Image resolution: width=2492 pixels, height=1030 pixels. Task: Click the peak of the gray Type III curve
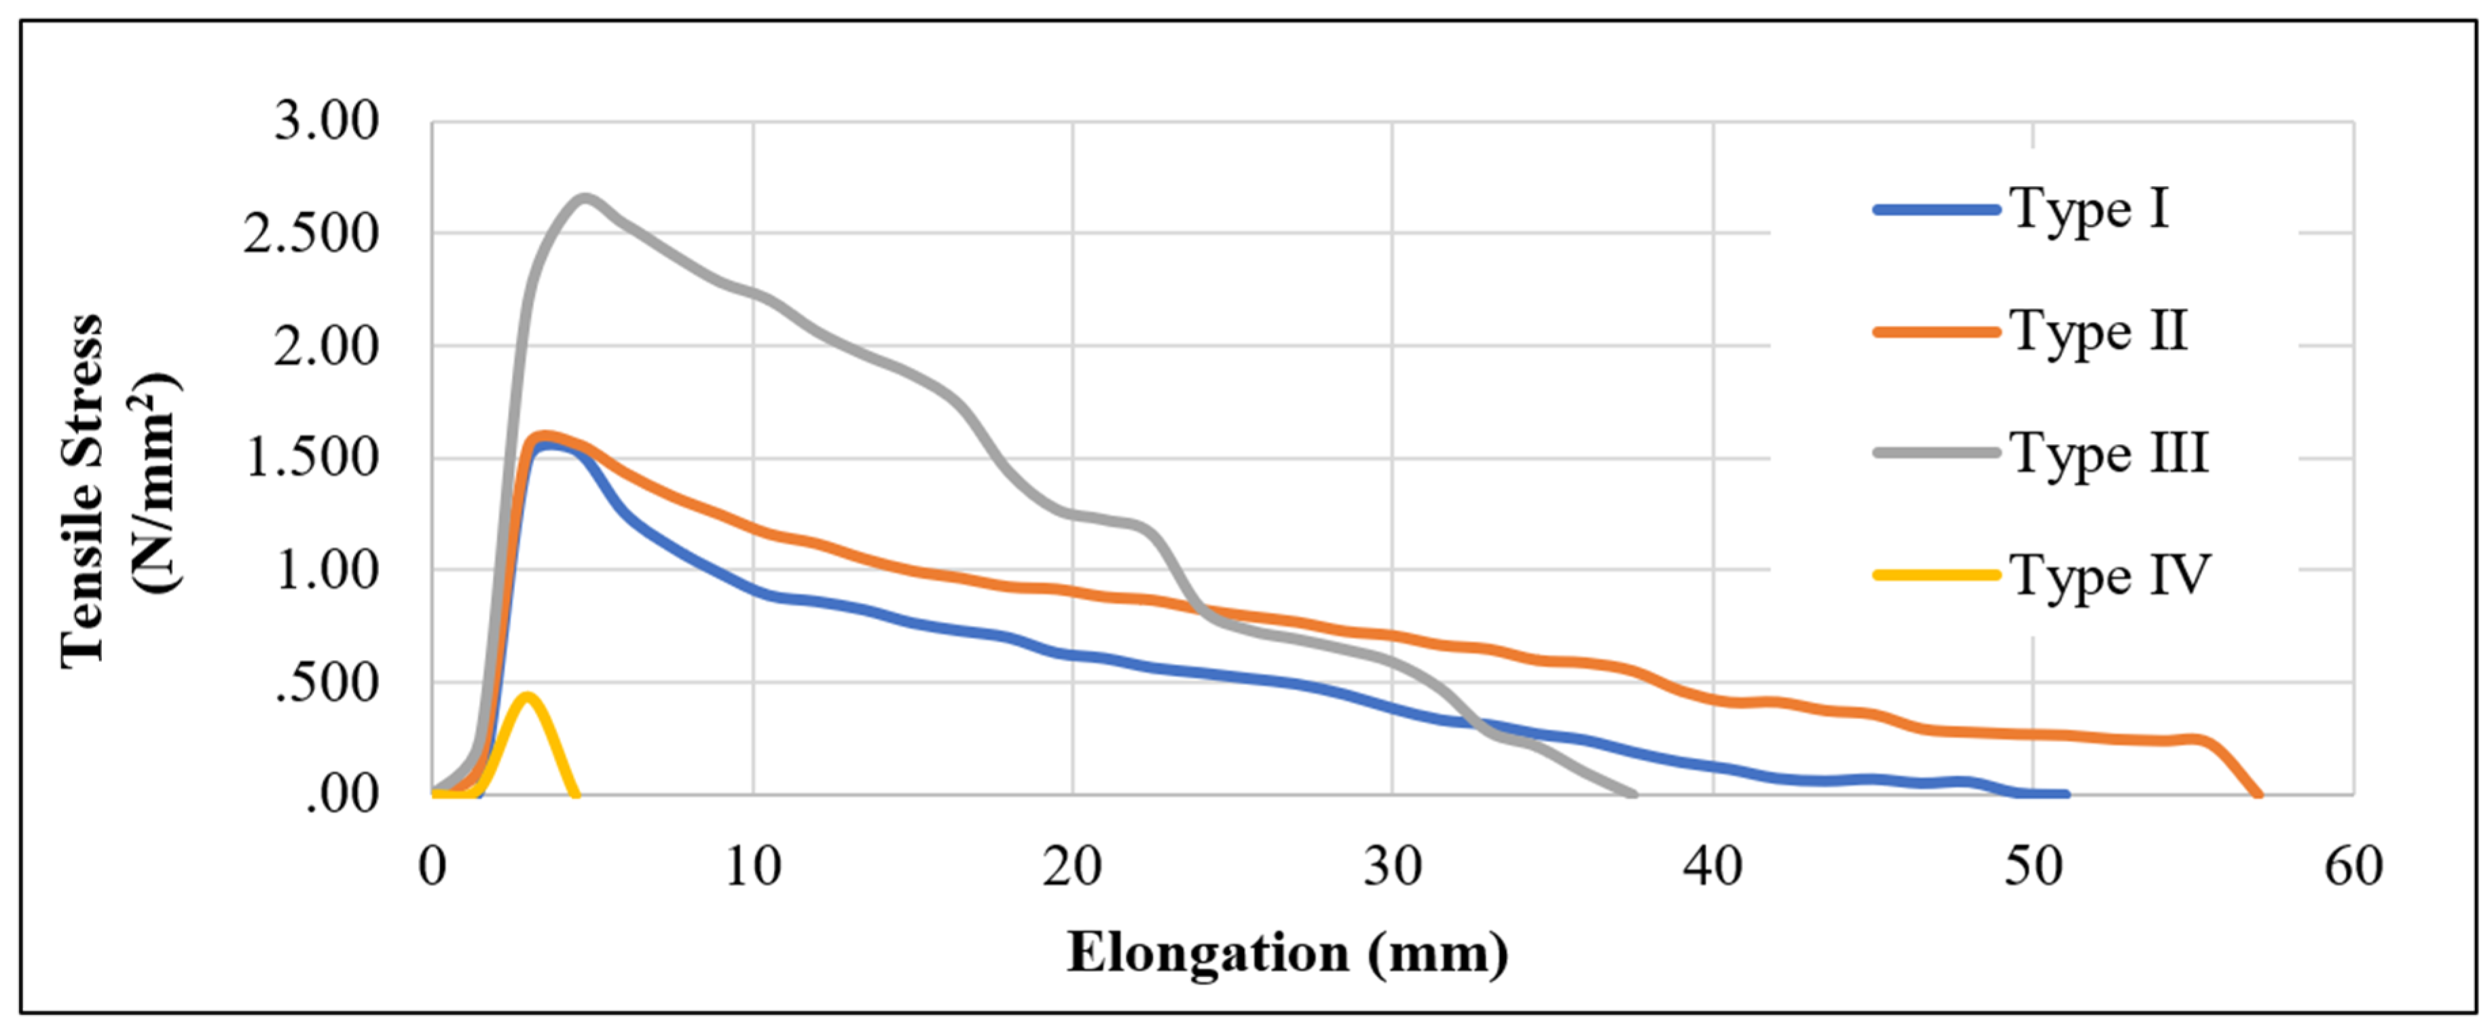(585, 198)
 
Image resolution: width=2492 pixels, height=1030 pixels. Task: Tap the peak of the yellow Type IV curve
(526, 695)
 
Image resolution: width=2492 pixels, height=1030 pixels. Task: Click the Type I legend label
(2089, 209)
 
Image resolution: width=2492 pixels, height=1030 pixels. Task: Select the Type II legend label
(2100, 332)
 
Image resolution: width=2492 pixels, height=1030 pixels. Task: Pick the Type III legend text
(2110, 454)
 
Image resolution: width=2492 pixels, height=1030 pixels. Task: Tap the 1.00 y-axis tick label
(326, 570)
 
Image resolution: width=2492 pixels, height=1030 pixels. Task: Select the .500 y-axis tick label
(326, 683)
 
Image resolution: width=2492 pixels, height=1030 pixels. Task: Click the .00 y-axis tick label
(342, 795)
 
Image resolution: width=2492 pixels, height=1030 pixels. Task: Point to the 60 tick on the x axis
(2353, 866)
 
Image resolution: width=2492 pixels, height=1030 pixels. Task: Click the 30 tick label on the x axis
(1393, 866)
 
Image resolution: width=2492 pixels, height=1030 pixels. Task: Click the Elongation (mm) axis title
(1287, 953)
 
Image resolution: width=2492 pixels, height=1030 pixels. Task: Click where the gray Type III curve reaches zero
(1634, 794)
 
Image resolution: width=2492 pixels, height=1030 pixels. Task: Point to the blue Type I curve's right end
(2066, 794)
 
